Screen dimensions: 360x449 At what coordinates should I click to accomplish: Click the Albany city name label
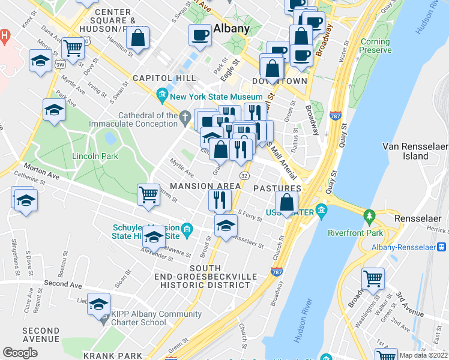(232, 29)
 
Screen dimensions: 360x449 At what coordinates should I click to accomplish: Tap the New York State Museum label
(216, 97)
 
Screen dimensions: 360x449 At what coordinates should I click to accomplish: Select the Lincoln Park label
(95, 156)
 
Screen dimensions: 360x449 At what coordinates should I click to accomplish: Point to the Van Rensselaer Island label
(414, 151)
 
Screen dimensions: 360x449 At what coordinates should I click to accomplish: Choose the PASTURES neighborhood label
(277, 188)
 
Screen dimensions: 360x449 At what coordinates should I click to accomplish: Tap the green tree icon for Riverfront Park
(369, 215)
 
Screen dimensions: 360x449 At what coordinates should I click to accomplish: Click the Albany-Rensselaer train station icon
(441, 246)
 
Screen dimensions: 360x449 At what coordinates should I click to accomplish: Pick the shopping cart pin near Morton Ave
(148, 194)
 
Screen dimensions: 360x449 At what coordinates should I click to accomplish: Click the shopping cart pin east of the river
(373, 278)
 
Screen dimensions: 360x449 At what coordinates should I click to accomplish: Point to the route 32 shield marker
(244, 175)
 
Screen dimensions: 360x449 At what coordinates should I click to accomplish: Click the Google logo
(20, 353)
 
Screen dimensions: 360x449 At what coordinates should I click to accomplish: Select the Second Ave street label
(62, 283)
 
